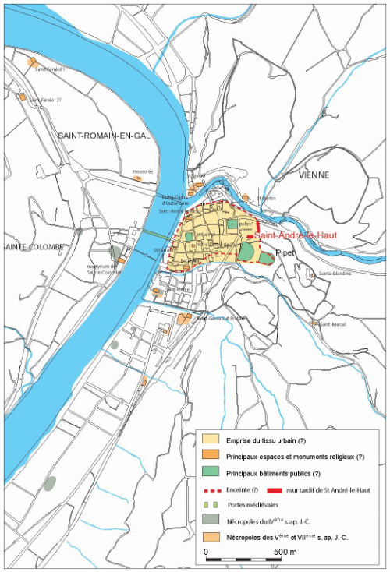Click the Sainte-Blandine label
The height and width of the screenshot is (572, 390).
[x=335, y=274]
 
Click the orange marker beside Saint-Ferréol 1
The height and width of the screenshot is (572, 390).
[x=33, y=62]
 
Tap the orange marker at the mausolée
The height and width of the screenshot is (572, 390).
[x=137, y=178]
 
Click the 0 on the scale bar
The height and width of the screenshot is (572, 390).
[x=207, y=552]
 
